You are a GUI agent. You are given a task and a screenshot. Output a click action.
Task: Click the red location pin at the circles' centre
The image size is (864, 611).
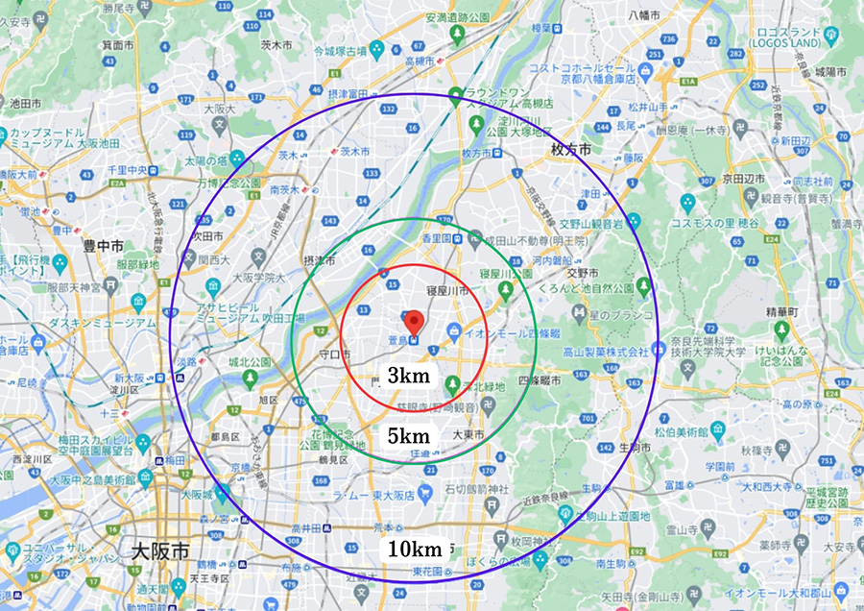coord(414,323)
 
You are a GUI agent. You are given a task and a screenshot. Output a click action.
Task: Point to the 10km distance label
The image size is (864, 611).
coord(414,550)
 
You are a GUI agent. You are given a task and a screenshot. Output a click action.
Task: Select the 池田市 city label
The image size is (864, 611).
coord(25,102)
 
